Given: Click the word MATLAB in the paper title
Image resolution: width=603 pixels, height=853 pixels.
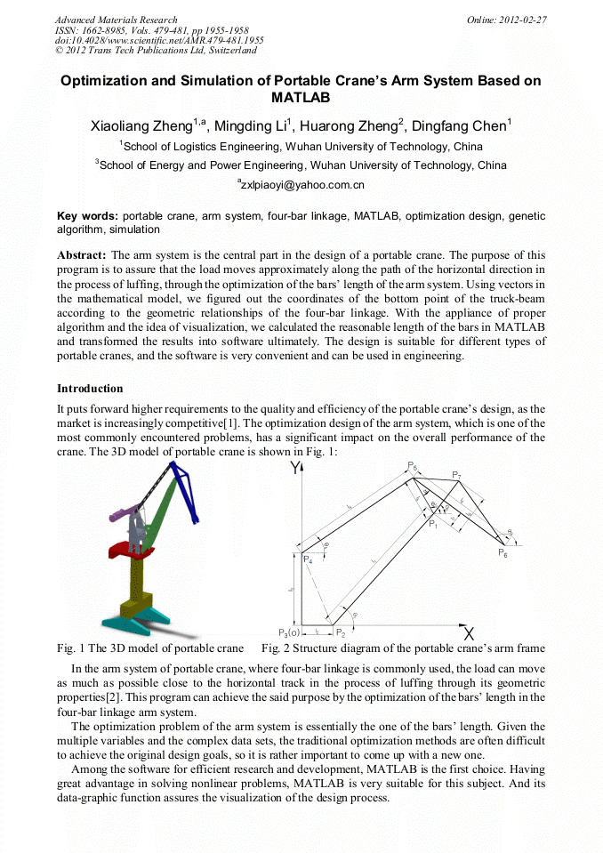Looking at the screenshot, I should [301, 97].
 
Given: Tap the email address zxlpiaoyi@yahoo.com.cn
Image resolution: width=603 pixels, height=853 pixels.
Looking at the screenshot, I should [301, 185].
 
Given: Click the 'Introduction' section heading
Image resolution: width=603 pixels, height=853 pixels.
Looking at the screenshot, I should [90, 389].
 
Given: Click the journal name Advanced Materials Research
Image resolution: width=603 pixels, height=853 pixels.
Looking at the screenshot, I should [116, 20].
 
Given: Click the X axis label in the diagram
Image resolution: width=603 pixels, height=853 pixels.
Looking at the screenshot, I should [469, 634].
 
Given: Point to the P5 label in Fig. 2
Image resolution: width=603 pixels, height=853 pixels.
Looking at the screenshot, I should [413, 466].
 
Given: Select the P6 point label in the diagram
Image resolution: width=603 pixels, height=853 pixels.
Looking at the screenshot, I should [502, 553].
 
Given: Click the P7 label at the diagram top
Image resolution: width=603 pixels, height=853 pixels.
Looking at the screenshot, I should [456, 476].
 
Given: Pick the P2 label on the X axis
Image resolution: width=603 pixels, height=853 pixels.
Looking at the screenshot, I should [340, 632].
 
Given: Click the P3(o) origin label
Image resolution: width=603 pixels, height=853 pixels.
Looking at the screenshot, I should [288, 632].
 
